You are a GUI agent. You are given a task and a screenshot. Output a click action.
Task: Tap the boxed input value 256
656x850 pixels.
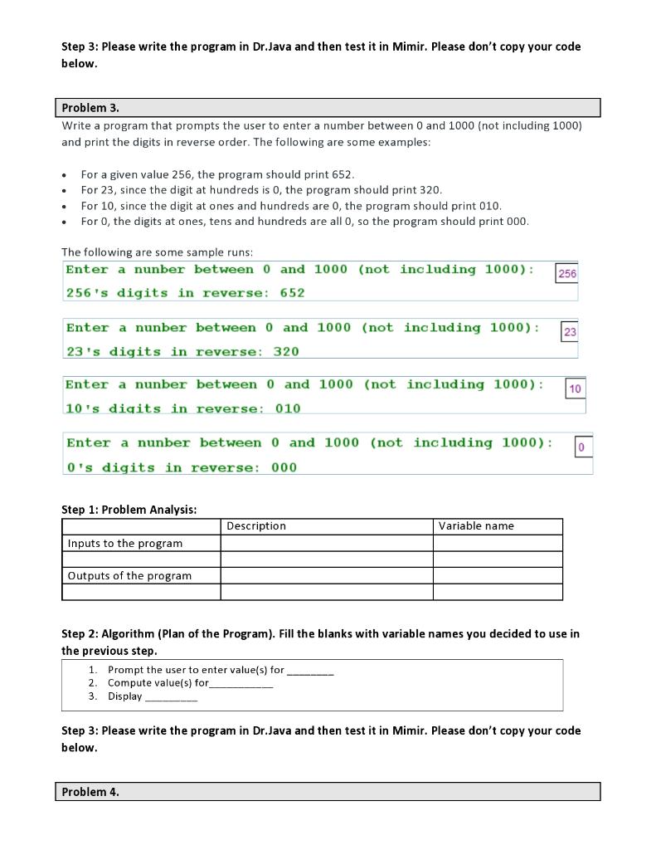tap(567, 274)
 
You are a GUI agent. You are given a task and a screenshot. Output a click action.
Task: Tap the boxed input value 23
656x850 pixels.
tap(570, 332)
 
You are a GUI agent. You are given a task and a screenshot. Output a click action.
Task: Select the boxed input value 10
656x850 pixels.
tap(576, 388)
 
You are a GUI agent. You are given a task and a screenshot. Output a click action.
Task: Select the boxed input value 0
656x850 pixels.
tap(581, 447)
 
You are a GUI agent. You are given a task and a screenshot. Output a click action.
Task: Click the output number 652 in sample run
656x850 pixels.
tap(292, 293)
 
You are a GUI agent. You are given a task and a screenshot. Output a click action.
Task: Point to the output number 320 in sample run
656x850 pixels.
tap(286, 352)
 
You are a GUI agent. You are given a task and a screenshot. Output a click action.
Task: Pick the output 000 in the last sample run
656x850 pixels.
tap(284, 468)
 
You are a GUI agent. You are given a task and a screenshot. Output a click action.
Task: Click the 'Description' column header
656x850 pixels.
tap(256, 526)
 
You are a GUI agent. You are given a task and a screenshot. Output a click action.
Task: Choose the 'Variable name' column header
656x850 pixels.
tap(476, 526)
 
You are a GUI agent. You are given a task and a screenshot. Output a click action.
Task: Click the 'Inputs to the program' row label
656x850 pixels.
tap(125, 543)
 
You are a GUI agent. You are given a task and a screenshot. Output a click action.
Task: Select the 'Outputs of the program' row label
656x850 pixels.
tap(129, 575)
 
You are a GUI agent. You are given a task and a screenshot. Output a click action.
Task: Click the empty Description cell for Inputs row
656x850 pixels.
tap(326, 543)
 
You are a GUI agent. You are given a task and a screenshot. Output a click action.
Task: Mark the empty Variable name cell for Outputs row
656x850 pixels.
tap(497, 575)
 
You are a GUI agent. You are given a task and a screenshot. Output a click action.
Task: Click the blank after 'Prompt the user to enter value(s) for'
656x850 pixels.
tap(310, 671)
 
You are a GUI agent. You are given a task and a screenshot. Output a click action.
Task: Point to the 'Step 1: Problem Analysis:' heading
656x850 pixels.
tap(129, 510)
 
